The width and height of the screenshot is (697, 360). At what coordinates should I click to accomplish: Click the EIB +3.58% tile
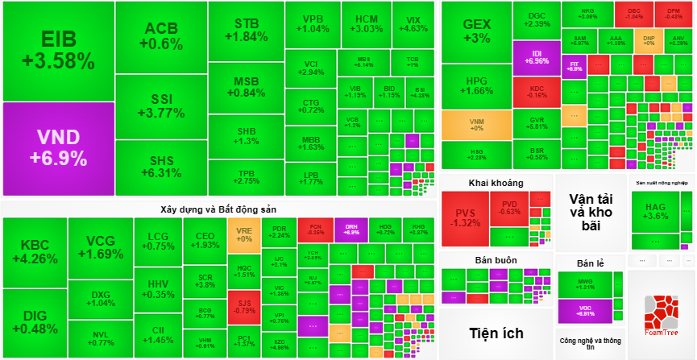tap(58, 51)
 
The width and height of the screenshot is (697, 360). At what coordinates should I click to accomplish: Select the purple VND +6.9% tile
tap(58, 147)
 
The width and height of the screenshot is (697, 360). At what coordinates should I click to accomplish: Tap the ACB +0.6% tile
tap(161, 37)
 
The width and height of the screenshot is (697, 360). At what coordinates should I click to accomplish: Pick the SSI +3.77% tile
tap(161, 106)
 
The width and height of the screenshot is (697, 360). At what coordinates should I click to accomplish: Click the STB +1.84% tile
tap(246, 30)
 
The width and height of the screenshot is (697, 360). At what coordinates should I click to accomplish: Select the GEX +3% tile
tap(476, 31)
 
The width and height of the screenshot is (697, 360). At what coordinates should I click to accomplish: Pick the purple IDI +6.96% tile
tap(536, 57)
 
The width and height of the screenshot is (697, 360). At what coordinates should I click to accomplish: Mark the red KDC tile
tap(536, 90)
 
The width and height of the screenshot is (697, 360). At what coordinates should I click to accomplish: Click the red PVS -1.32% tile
tap(464, 217)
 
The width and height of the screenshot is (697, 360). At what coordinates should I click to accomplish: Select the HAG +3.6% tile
tap(656, 211)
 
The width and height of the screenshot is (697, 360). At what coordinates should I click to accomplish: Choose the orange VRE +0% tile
tap(243, 234)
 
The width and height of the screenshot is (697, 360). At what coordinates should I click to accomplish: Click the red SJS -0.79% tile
tap(243, 306)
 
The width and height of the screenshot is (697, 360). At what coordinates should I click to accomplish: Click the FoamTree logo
tap(660, 315)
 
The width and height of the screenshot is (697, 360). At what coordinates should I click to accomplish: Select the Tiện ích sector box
tap(496, 333)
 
